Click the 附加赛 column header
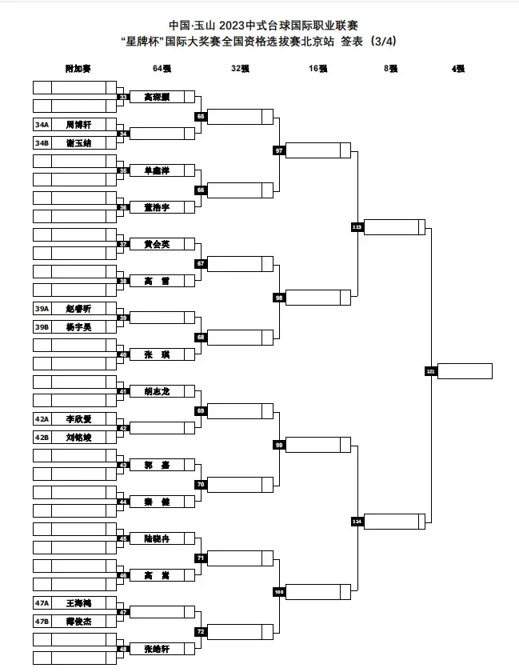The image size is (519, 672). pyautogui.click(x=78, y=69)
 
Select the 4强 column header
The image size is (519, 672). pyautogui.click(x=458, y=69)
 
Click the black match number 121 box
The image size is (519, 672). pyautogui.click(x=430, y=371)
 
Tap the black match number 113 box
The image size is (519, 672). pyautogui.click(x=357, y=227)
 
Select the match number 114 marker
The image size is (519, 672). pyautogui.click(x=357, y=522)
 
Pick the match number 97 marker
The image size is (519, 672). pyautogui.click(x=278, y=150)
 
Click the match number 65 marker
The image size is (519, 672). pyautogui.click(x=201, y=117)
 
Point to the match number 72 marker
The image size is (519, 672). pyautogui.click(x=201, y=631)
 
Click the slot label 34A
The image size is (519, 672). pyautogui.click(x=42, y=125)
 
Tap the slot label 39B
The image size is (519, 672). pyautogui.click(x=42, y=326)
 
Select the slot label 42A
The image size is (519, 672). pyautogui.click(x=42, y=418)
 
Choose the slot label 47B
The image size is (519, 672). pyautogui.click(x=42, y=621)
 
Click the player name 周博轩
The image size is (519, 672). pyautogui.click(x=78, y=125)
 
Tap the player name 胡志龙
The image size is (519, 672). pyautogui.click(x=157, y=391)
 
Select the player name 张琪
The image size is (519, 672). pyautogui.click(x=157, y=354)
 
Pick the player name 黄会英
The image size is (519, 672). pyautogui.click(x=157, y=244)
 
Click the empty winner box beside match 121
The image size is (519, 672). pyautogui.click(x=465, y=371)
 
